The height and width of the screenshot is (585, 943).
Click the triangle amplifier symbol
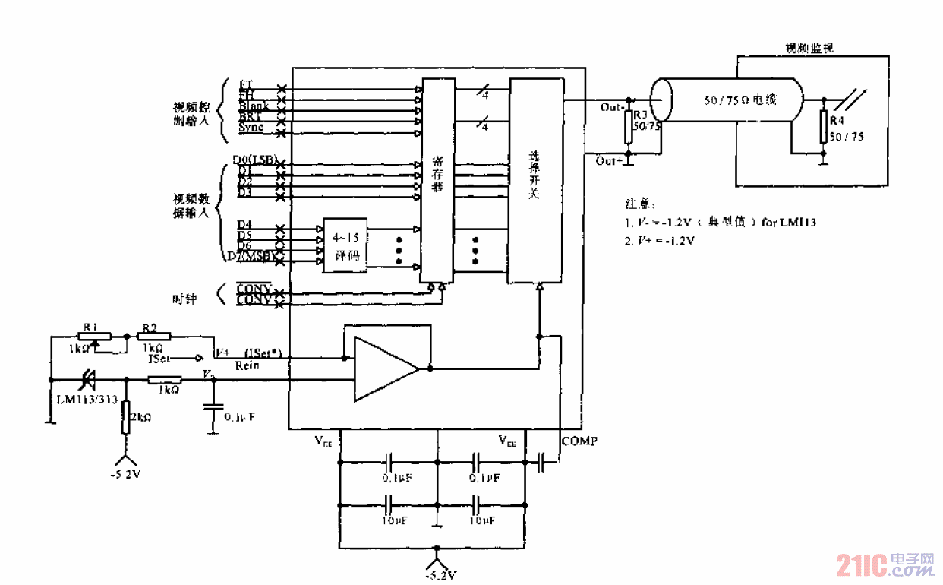point(383,369)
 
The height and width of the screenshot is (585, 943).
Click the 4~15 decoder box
point(345,243)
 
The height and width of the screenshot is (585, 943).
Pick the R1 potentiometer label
point(91,327)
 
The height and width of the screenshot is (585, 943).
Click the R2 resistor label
point(149,327)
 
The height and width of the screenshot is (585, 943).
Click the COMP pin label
point(579,441)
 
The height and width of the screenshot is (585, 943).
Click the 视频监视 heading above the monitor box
point(809,48)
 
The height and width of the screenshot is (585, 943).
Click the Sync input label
point(251,128)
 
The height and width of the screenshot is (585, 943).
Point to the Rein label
point(248,365)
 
